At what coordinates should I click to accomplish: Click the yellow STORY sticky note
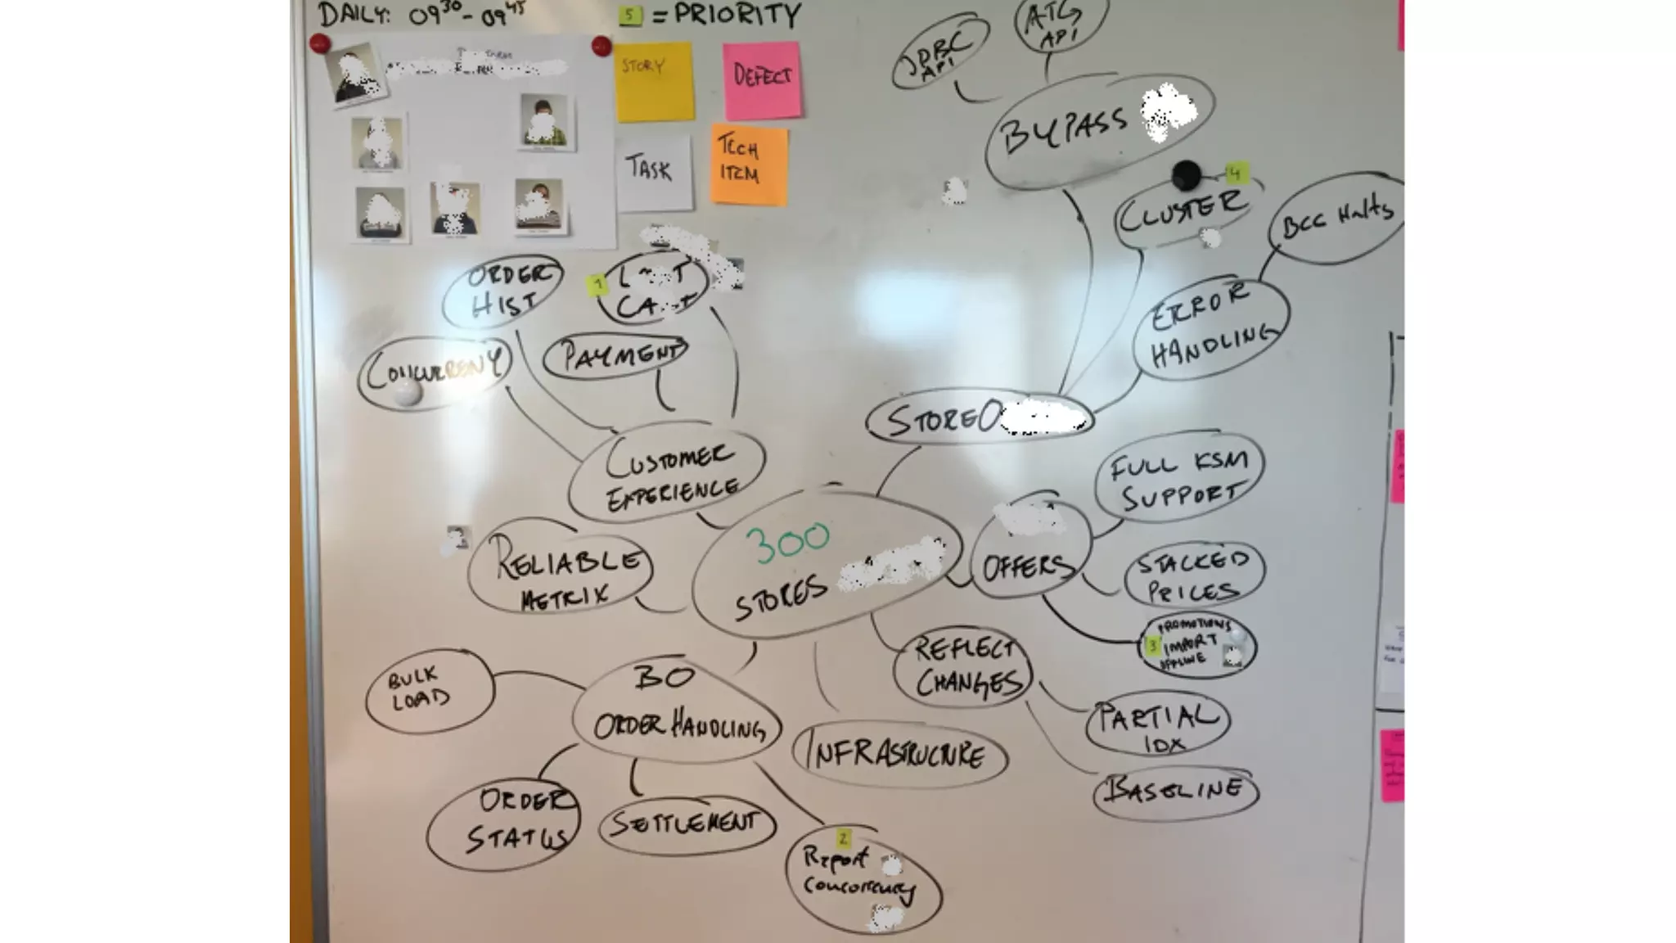click(x=654, y=82)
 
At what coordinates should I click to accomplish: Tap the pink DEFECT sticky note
click(x=761, y=79)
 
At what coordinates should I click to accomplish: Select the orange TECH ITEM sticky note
click(x=748, y=165)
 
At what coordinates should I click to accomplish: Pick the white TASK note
click(x=652, y=171)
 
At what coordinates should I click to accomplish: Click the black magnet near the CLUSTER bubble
click(x=1186, y=174)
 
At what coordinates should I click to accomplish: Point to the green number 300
click(x=786, y=543)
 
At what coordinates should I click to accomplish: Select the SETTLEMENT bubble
click(x=686, y=823)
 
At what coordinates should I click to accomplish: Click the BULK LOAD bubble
click(x=429, y=689)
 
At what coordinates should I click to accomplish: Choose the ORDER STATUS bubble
click(x=503, y=821)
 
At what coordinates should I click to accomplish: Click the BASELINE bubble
click(x=1175, y=791)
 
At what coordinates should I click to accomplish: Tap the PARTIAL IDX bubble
click(x=1157, y=724)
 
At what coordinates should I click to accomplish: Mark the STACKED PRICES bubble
click(x=1194, y=575)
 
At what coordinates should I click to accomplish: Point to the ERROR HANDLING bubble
click(x=1210, y=329)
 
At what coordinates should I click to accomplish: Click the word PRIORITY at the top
click(x=737, y=15)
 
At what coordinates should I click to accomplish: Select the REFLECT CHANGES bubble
click(x=964, y=667)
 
